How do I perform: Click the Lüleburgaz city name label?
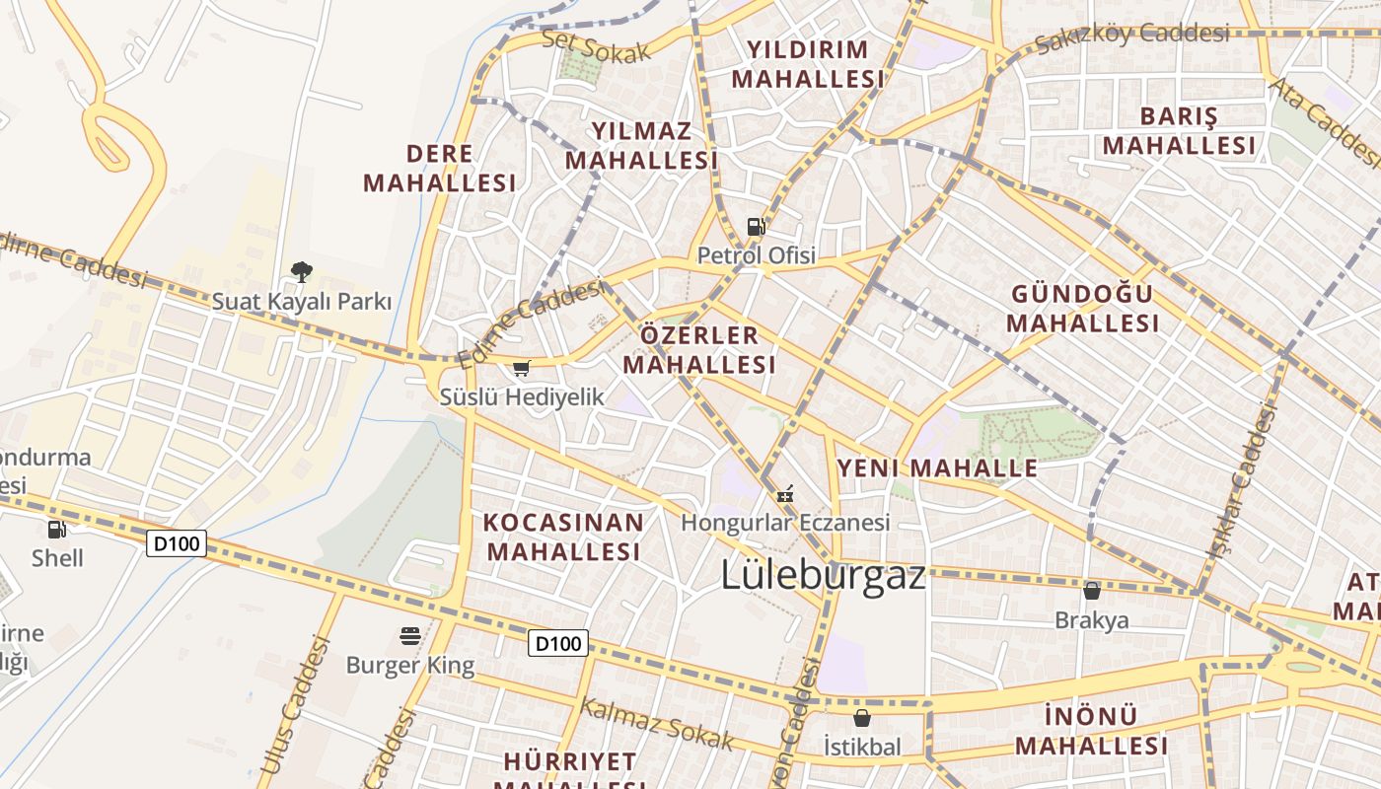click(x=823, y=575)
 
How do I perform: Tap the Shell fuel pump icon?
click(x=57, y=530)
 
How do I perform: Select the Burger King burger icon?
click(x=410, y=636)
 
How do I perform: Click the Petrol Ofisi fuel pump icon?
click(x=756, y=227)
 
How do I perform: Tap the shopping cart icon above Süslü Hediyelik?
click(x=521, y=369)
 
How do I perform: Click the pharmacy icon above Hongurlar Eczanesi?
click(x=785, y=493)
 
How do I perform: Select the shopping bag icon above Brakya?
click(x=1091, y=591)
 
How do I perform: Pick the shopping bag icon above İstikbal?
click(x=862, y=718)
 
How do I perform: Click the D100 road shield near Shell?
click(x=177, y=543)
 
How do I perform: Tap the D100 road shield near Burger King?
click(x=558, y=644)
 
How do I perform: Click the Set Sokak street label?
click(x=597, y=46)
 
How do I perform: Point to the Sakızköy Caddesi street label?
click(x=1131, y=36)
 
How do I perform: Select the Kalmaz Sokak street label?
click(x=657, y=723)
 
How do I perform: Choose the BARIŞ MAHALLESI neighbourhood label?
click(x=1179, y=130)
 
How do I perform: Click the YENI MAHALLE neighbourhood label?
click(x=937, y=467)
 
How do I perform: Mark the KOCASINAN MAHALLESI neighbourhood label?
click(x=563, y=537)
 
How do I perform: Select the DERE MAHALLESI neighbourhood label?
click(x=439, y=168)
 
